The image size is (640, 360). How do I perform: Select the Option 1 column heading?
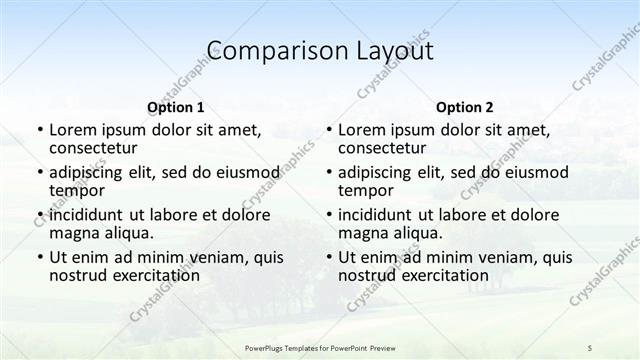click(176, 108)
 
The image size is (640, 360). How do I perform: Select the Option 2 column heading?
click(465, 108)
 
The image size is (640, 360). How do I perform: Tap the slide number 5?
click(590, 347)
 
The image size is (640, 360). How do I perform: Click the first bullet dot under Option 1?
click(40, 131)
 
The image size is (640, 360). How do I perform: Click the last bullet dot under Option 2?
click(329, 257)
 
